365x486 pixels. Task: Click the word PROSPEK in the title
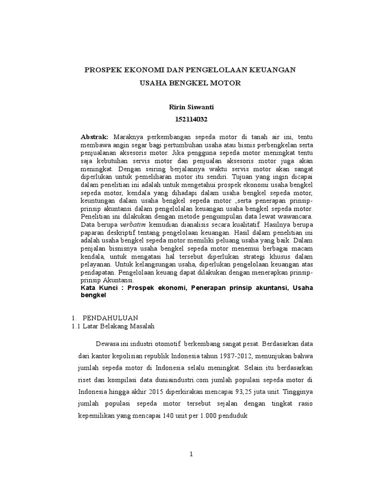click(x=102, y=70)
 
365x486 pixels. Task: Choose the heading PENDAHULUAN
click(x=110, y=318)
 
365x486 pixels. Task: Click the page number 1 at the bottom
click(x=191, y=454)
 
